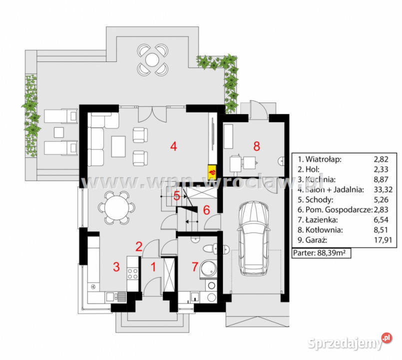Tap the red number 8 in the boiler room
[257, 146]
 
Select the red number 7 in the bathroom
[195, 266]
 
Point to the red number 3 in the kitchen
[116, 266]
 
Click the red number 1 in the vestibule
[153, 266]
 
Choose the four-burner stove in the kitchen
[132, 273]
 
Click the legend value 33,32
[379, 189]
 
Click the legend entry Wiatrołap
[320, 159]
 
